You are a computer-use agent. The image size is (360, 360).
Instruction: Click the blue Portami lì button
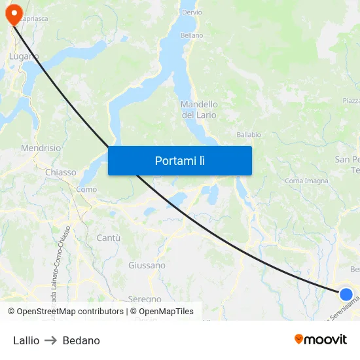click(x=179, y=160)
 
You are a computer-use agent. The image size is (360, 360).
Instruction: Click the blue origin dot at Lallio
click(x=346, y=295)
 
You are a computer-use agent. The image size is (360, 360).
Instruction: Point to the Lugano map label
click(x=24, y=57)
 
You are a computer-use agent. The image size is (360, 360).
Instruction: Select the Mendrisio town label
click(x=41, y=149)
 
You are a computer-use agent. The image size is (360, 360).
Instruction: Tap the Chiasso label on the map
click(x=61, y=173)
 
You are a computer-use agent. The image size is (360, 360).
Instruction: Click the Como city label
click(x=86, y=189)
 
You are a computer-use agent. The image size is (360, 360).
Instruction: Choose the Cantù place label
click(x=108, y=238)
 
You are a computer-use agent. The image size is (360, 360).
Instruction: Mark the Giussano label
click(x=147, y=266)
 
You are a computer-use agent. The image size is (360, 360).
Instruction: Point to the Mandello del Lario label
click(x=199, y=110)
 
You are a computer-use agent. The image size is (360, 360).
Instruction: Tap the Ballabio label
click(x=249, y=135)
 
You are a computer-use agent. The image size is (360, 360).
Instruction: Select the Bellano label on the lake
click(x=192, y=35)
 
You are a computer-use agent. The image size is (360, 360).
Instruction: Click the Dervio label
click(x=192, y=12)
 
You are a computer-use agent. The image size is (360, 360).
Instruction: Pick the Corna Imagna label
click(x=306, y=181)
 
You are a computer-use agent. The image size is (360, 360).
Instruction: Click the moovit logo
click(x=321, y=339)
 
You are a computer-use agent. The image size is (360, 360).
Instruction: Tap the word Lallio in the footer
click(x=26, y=340)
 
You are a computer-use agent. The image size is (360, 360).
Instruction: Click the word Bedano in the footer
click(x=81, y=340)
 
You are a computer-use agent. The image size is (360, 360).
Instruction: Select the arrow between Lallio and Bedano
click(x=51, y=340)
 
